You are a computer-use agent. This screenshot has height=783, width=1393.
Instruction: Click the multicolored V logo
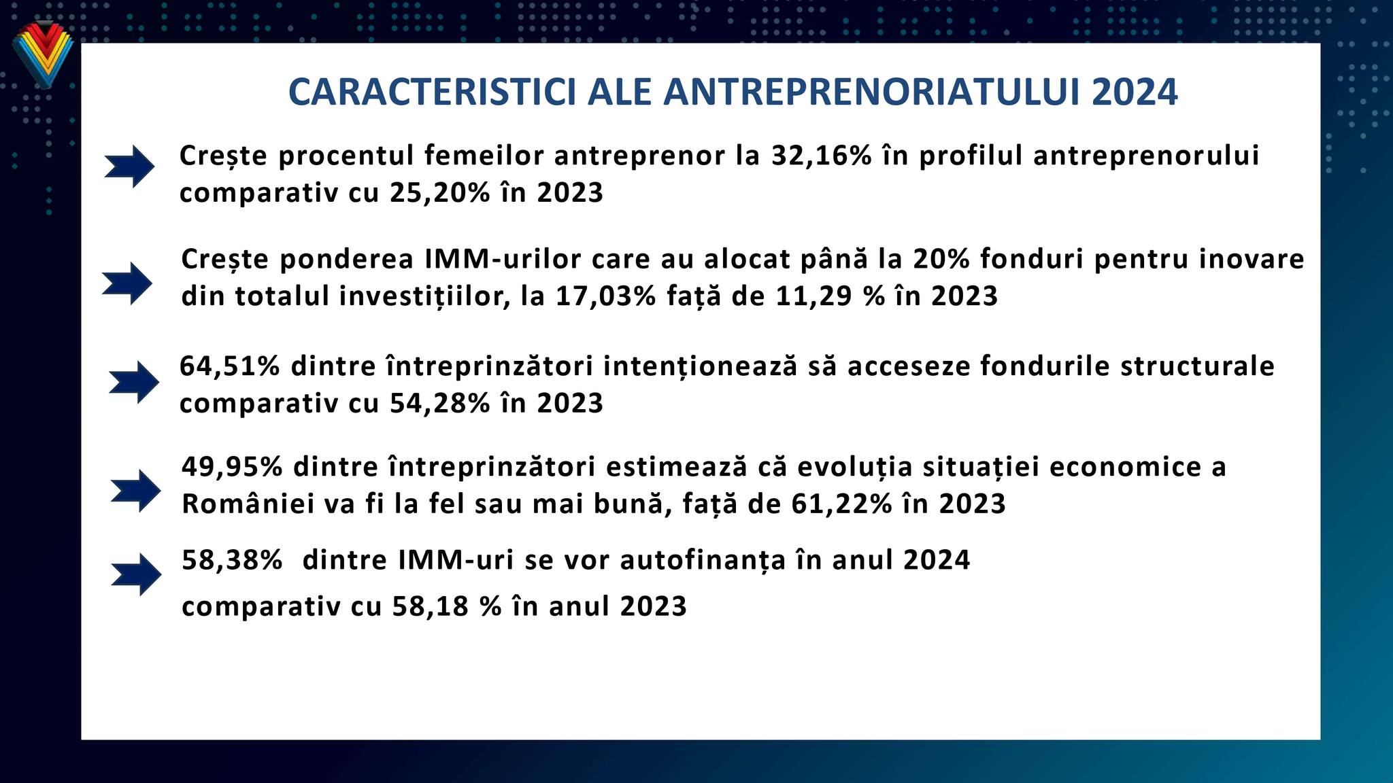coord(42,55)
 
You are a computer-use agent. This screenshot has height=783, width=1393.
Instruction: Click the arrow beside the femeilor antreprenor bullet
coord(129,166)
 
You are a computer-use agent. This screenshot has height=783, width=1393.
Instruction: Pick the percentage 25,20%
coord(440,193)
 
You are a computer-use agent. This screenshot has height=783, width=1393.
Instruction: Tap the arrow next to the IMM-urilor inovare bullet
coord(127,283)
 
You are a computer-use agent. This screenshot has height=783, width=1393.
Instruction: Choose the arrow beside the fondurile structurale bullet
coord(134,382)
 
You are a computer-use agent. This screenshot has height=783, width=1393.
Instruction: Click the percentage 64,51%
coord(230,366)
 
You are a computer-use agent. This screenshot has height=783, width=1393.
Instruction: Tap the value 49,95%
coord(233,467)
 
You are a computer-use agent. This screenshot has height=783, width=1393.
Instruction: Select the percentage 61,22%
coord(842,504)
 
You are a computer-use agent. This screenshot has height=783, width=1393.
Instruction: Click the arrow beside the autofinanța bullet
coord(136,574)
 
